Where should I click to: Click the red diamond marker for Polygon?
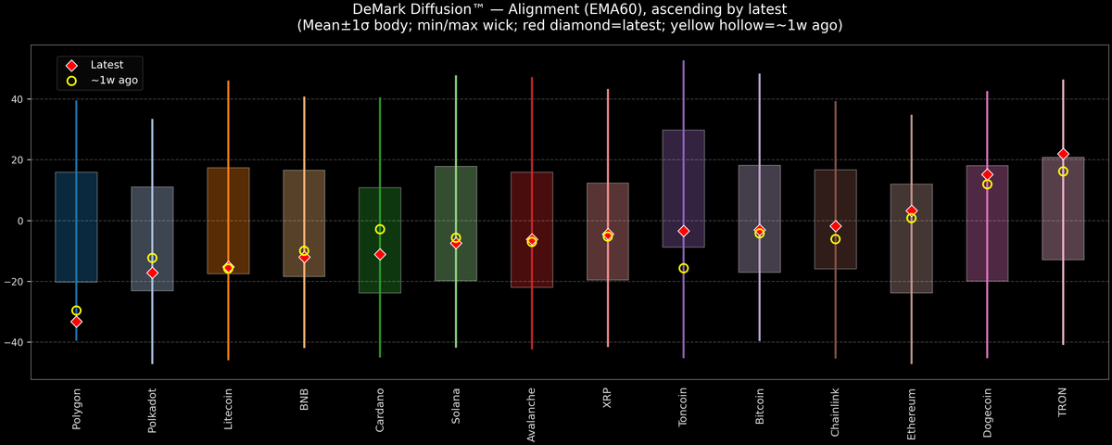(x=76, y=322)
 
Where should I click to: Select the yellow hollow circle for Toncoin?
(x=684, y=268)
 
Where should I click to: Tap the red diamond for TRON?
(x=1063, y=154)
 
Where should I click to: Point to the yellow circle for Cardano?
(x=380, y=229)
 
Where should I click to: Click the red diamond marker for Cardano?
(x=380, y=254)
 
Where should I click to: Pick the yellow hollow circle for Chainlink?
(x=836, y=239)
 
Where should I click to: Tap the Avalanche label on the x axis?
(x=532, y=408)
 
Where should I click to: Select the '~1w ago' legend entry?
(x=109, y=81)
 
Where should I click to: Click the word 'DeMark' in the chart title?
(x=382, y=9)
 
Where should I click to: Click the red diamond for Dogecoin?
(x=987, y=174)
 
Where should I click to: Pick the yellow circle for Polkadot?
(x=152, y=258)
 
